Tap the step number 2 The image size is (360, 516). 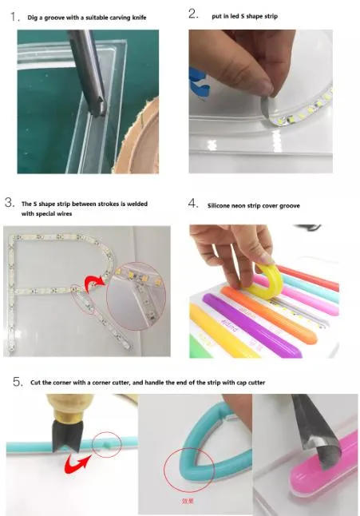[193, 14]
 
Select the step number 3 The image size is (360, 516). [10, 202]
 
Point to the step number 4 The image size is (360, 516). [193, 203]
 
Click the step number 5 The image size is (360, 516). [18, 382]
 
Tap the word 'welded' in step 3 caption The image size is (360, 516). [137, 204]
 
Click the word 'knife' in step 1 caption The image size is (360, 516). [139, 18]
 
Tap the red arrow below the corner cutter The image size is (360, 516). [77, 463]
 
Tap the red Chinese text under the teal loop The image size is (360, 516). [188, 501]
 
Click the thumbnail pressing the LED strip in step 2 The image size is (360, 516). [266, 88]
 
